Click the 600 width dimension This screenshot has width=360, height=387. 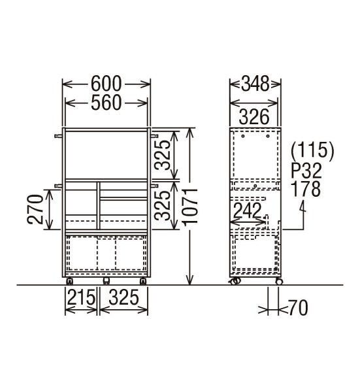pos(106,84)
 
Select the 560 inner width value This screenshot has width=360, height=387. pos(106,103)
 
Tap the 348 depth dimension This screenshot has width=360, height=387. pos(255,84)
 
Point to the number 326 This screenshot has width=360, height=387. pos(254,117)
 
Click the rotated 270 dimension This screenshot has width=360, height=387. pos(35,209)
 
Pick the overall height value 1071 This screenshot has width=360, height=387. pos(190,207)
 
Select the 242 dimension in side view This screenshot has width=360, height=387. pos(247,210)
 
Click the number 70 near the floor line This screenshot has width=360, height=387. pos(298,308)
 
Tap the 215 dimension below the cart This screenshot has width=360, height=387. pos(81,297)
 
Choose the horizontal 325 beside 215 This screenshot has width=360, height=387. pos(123,297)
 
